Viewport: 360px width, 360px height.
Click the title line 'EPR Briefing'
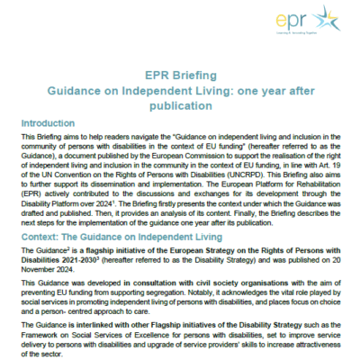[x=179, y=77]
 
